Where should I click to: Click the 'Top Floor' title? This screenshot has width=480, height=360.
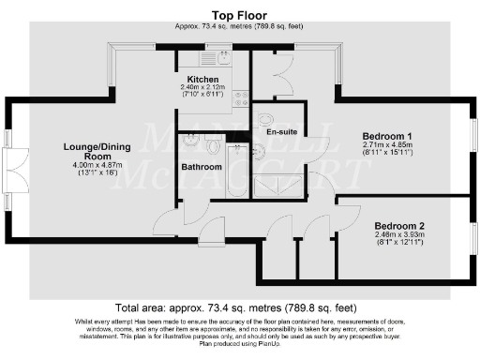pos(240,16)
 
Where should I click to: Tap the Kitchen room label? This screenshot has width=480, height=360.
pos(202,80)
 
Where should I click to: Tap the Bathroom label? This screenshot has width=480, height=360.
pos(202,168)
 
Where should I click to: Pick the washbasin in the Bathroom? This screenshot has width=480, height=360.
pos(191,142)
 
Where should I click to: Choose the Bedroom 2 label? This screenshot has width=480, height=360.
pos(399,226)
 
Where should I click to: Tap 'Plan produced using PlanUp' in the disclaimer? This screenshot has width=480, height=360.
pos(240,344)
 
